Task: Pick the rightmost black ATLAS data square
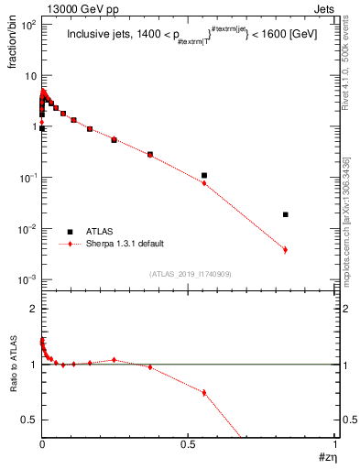(286, 214)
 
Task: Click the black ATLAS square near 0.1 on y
(204, 175)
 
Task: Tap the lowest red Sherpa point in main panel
(286, 249)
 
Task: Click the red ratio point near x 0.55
(204, 392)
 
